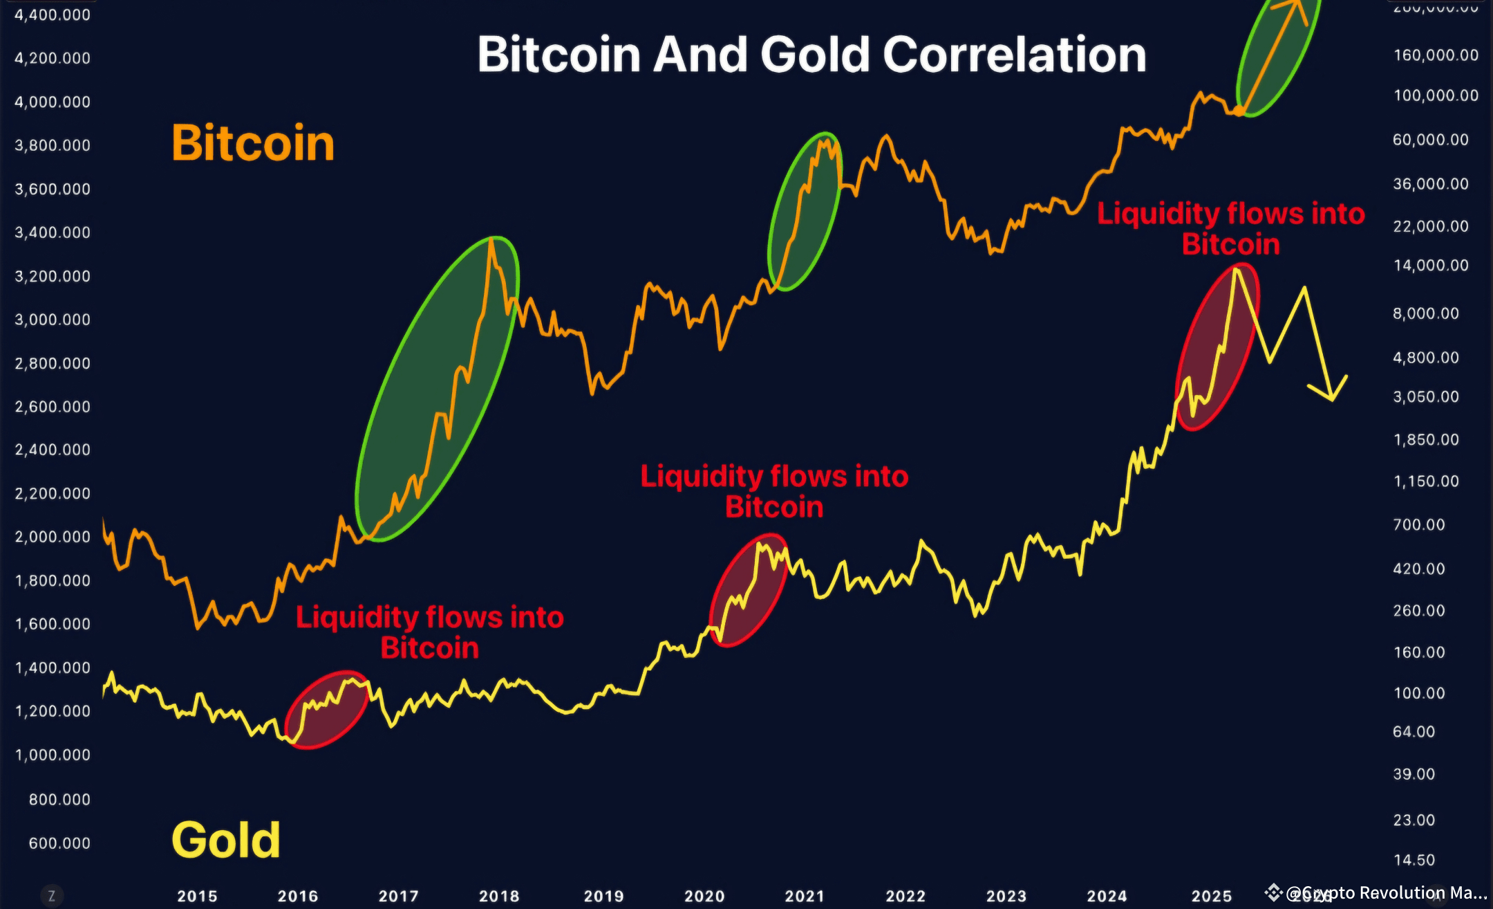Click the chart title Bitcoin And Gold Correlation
811,55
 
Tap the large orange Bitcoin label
253,143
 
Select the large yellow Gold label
226,840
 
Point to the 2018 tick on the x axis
499,896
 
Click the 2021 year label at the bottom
805,896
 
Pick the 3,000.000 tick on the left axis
53,320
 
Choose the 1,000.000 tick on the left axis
53,755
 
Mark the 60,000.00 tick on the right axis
1430,140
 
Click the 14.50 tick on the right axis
1414,860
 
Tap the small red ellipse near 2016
326,710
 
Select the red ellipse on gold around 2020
749,590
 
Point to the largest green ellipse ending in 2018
437,389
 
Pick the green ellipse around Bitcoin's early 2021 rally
805,211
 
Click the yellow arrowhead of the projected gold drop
1332,395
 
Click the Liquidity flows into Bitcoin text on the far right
1230,228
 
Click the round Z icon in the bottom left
51,896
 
